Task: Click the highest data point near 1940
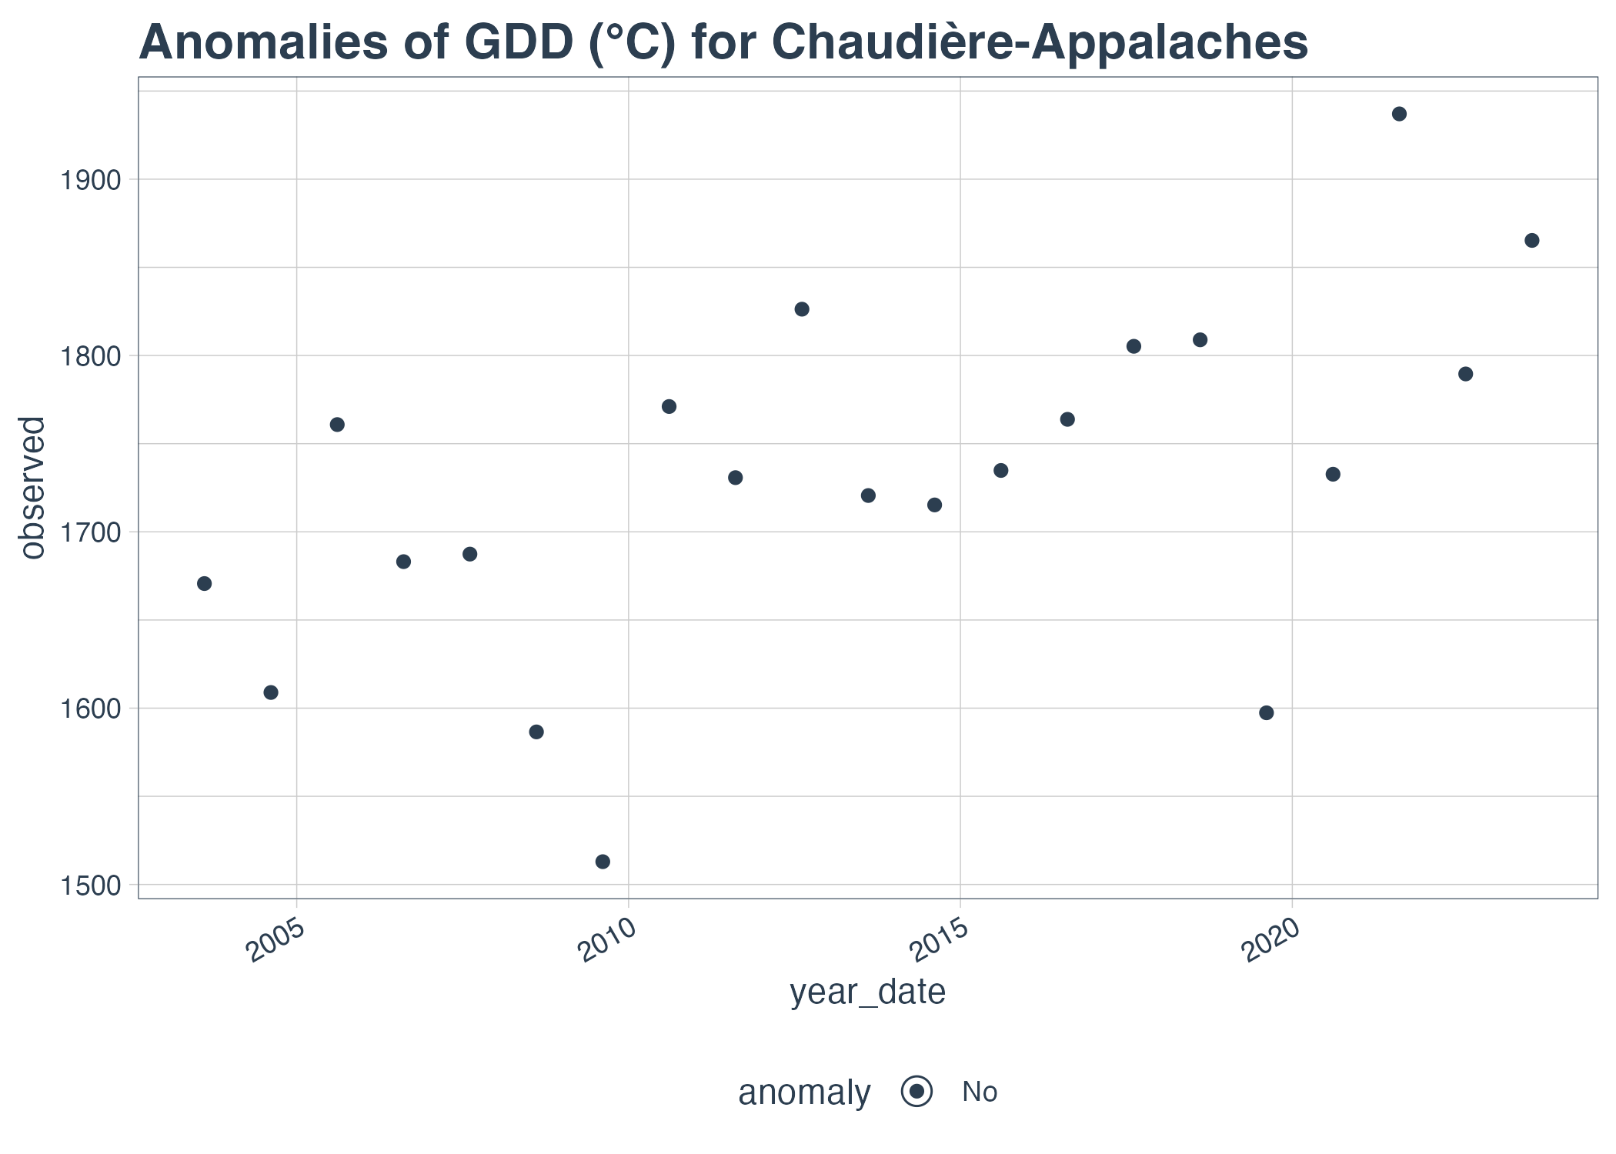click(1399, 114)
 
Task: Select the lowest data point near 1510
click(603, 862)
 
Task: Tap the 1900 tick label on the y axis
click(91, 180)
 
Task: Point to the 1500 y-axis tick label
click(91, 886)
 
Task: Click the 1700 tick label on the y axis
click(91, 532)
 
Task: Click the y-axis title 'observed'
click(32, 488)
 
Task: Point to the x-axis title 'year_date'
click(867, 992)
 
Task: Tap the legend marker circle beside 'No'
click(917, 1092)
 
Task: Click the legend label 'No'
click(980, 1092)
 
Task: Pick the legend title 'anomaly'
click(804, 1092)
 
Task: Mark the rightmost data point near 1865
click(1531, 241)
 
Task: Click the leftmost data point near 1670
click(204, 583)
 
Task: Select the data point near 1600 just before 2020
click(1266, 712)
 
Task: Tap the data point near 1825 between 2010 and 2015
click(802, 309)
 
